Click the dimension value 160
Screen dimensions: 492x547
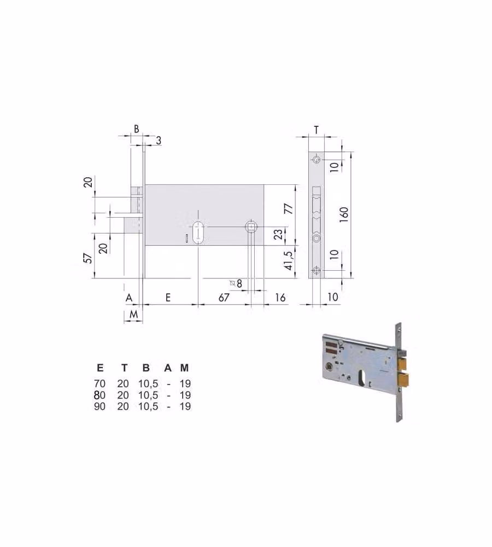click(x=344, y=215)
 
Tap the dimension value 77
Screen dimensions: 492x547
click(x=289, y=208)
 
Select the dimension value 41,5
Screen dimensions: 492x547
click(x=289, y=260)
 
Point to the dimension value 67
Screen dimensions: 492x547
click(x=224, y=297)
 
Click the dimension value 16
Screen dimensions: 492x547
click(x=280, y=297)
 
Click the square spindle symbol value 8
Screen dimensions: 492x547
click(x=239, y=283)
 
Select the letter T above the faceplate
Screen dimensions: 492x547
click(x=317, y=130)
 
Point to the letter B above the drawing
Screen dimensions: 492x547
click(x=136, y=129)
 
